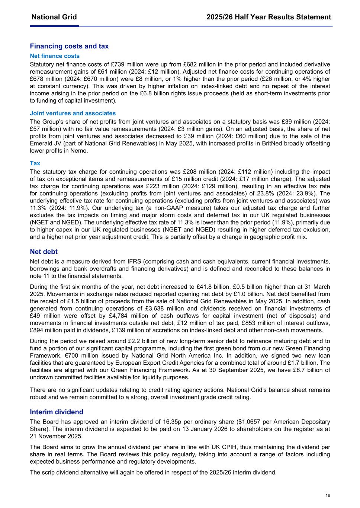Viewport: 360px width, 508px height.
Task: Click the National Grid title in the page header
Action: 54,17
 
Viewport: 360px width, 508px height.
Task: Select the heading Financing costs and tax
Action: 69,46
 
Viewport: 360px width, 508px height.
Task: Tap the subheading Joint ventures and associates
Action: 73,113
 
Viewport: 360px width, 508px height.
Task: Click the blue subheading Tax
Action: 35,163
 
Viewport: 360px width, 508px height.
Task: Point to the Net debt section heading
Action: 44,252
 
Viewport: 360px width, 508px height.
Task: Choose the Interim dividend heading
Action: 57,412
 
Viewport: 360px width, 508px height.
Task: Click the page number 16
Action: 328,495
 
